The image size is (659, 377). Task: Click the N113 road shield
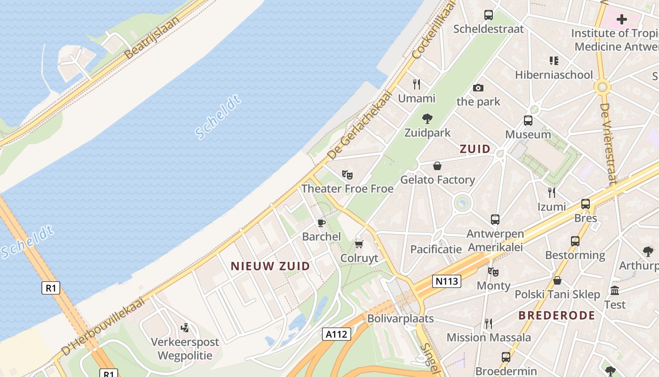tap(446, 281)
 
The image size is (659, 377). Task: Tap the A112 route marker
tap(337, 335)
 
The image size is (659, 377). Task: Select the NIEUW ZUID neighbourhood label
tap(270, 266)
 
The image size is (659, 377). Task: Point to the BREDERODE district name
tap(557, 315)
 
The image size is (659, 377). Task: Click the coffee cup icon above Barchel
tap(321, 222)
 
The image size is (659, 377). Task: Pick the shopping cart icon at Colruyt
tap(359, 244)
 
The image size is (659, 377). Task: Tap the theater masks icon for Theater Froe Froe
tap(347, 175)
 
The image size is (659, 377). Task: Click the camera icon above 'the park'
tap(478, 88)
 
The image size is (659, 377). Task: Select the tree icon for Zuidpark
tap(427, 119)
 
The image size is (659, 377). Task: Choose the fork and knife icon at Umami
tap(417, 84)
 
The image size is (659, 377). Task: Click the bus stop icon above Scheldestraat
tap(489, 15)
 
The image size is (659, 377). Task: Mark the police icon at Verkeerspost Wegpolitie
tap(185, 328)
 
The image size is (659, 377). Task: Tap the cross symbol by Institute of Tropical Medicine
tap(622, 19)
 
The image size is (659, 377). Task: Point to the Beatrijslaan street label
tap(153, 38)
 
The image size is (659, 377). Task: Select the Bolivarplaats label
tap(400, 319)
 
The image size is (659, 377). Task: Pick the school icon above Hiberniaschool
tap(554, 60)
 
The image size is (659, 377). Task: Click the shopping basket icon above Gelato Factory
tap(437, 166)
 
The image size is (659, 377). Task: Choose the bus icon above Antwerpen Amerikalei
tap(495, 220)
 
